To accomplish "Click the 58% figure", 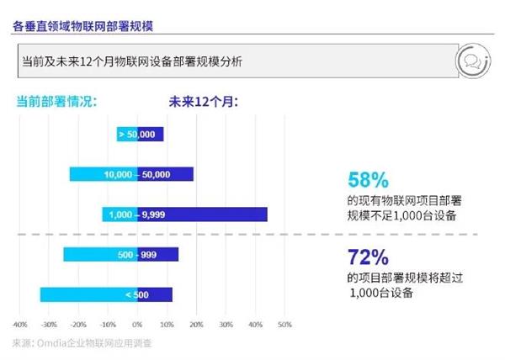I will [x=368, y=180].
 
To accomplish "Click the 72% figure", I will [x=368, y=257].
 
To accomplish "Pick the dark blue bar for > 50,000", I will [x=151, y=134].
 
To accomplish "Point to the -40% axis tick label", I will [x=20, y=324].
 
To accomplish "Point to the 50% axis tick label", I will [x=284, y=324].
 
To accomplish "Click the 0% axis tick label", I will [x=137, y=324].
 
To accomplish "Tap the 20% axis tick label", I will [x=196, y=324].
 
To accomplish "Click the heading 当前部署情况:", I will [x=58, y=102].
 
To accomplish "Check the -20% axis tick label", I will [x=78, y=324].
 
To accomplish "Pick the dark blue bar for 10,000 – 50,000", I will [x=177, y=174].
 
